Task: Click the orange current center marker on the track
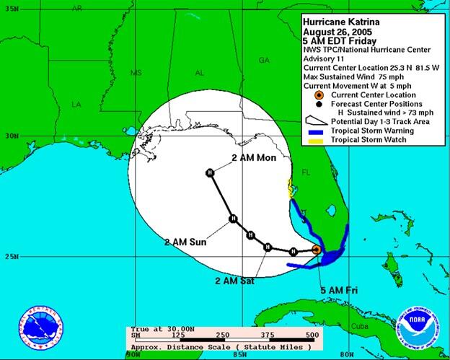tap(316, 250)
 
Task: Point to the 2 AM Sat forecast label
tap(234, 280)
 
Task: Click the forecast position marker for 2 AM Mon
tap(209, 172)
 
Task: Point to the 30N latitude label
tap(9, 136)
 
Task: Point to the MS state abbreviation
tap(136, 73)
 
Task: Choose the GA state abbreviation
tap(264, 60)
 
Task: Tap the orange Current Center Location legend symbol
tap(318, 95)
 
